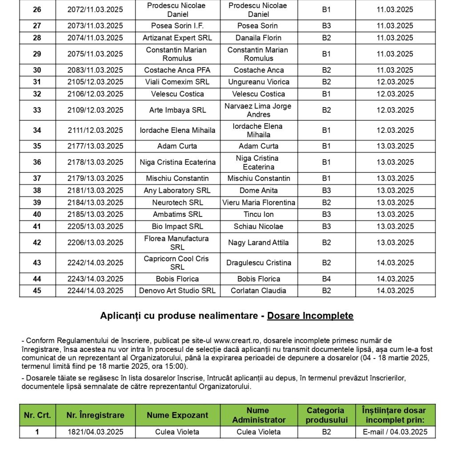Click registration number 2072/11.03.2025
click(x=95, y=10)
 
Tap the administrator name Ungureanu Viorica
click(x=259, y=82)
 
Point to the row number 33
click(x=37, y=110)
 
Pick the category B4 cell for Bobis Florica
click(x=326, y=279)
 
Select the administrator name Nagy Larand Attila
click(x=258, y=243)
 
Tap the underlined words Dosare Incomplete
click(x=310, y=316)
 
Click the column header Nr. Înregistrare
click(x=95, y=415)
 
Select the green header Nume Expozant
click(x=177, y=415)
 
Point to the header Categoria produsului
click(x=326, y=415)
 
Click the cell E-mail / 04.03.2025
click(x=395, y=432)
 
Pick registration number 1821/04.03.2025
click(x=95, y=432)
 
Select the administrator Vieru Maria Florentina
click(x=259, y=203)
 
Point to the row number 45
click(x=37, y=291)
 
